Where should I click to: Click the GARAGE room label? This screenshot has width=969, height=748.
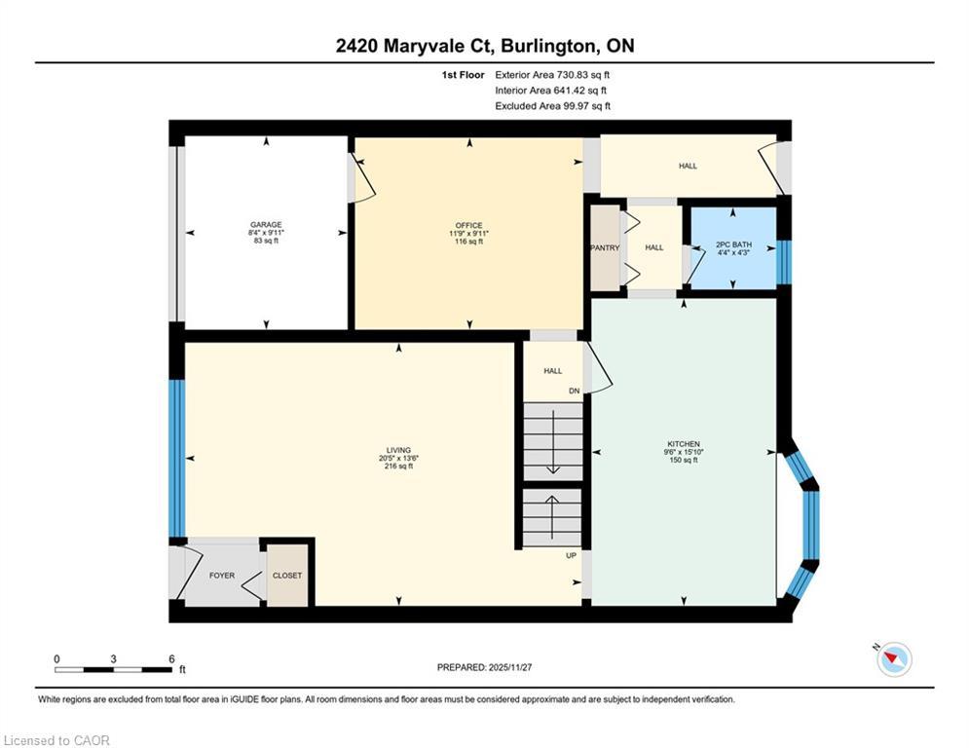[265, 225]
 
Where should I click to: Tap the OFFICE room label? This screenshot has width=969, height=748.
[469, 225]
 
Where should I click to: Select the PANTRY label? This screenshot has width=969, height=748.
[605, 248]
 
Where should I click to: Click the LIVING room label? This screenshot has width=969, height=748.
[399, 450]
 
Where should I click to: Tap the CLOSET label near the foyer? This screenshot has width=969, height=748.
[287, 576]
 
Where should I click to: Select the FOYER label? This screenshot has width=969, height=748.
[222, 576]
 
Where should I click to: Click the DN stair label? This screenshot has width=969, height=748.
[575, 392]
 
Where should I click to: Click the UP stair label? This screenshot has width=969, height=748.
[573, 555]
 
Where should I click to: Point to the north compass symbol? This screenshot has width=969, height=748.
[892, 659]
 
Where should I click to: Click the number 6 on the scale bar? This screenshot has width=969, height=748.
[171, 659]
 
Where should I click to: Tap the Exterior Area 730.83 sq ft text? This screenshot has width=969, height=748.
[552, 74]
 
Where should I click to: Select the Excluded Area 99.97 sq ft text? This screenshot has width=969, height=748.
[552, 106]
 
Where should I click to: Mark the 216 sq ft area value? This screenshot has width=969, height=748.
[399, 467]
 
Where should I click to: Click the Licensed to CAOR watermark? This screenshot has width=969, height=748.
[57, 741]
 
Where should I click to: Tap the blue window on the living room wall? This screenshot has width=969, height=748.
[177, 458]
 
